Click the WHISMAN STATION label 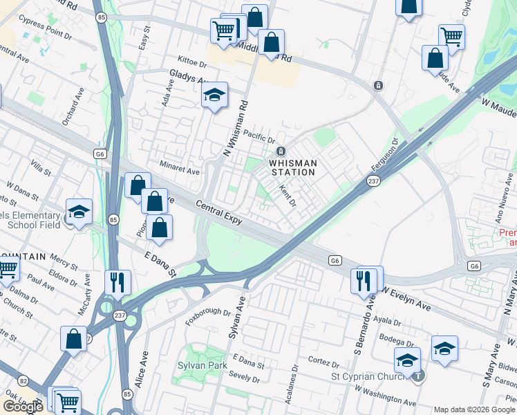click(x=293, y=167)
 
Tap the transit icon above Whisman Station click(x=281, y=151)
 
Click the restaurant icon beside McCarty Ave click(x=117, y=282)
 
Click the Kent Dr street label click(x=288, y=195)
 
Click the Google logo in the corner click(x=23, y=407)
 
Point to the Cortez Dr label click(x=321, y=361)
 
